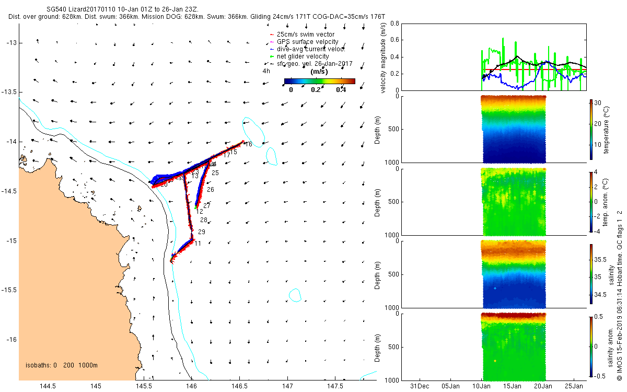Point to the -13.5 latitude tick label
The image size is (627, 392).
(x=10, y=92)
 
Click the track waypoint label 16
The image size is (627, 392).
(x=248, y=144)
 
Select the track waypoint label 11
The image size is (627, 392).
(x=197, y=244)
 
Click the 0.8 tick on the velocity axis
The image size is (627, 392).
(x=395, y=24)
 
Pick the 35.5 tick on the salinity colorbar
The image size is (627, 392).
(x=601, y=259)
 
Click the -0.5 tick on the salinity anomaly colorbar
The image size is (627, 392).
(x=601, y=375)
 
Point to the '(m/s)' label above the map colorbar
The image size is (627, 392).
(x=319, y=72)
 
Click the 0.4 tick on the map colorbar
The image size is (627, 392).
(x=341, y=89)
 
